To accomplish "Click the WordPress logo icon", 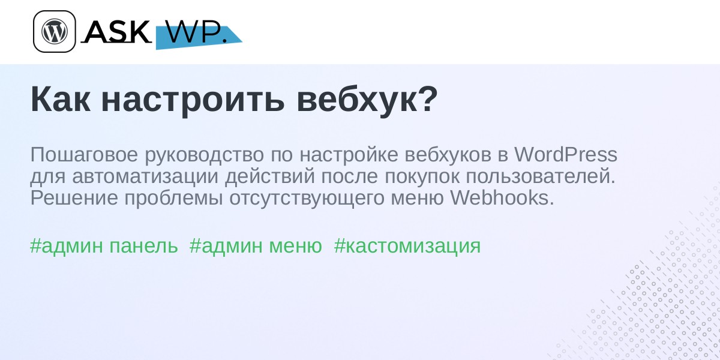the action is click(55, 31).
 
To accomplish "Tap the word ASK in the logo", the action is click(116, 31).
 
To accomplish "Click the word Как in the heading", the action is click(61, 100).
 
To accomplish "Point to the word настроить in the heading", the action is click(193, 101).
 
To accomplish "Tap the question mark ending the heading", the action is click(428, 98).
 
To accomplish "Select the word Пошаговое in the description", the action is click(84, 154).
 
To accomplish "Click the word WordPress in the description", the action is click(566, 154).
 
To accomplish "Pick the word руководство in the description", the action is click(205, 155).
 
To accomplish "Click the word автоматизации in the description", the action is click(145, 177).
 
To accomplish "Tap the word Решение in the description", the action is click(74, 197).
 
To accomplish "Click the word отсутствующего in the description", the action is click(307, 199).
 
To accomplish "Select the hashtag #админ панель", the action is click(104, 246).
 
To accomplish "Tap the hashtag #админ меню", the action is click(256, 246).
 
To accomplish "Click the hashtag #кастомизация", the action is click(407, 247).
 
